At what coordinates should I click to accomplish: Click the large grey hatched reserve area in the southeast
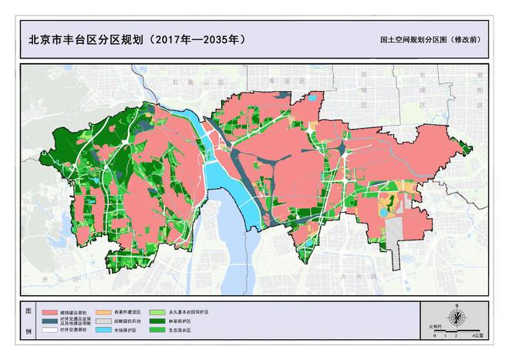pos(396,230)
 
